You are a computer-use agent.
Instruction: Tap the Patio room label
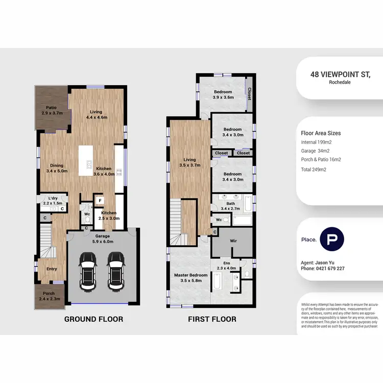pyautogui.click(x=51, y=110)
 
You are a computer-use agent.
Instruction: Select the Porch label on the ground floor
pyautogui.click(x=49, y=296)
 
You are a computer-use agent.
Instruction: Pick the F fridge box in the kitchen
pyautogui.click(x=100, y=201)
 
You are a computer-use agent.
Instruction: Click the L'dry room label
pyautogui.click(x=53, y=201)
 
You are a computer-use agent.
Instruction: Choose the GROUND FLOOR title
pyautogui.click(x=93, y=319)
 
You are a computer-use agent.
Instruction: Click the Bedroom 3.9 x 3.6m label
pyautogui.click(x=223, y=94)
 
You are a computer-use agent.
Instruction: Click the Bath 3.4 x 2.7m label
pyautogui.click(x=230, y=206)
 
